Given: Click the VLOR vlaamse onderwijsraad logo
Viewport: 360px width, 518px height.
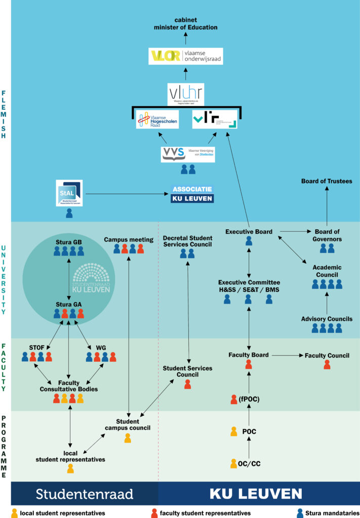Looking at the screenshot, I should coord(185,56).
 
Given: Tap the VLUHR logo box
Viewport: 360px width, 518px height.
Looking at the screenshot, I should coord(186,95).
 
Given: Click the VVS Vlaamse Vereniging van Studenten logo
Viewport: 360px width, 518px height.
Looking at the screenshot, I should coord(188,154).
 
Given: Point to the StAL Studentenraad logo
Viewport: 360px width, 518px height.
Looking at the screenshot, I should coord(69,193).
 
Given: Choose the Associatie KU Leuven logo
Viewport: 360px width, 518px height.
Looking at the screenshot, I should coord(192,194).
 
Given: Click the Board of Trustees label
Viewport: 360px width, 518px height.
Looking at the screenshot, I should coord(326,181).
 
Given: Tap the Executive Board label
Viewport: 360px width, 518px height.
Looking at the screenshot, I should coord(249,232).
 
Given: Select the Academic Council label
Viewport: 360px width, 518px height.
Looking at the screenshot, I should coord(327,271).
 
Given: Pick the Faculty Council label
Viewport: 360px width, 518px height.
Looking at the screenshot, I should coord(327,356).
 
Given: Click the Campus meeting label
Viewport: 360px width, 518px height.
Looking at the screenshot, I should coord(129,239).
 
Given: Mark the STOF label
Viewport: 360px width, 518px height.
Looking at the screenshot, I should coord(37,348).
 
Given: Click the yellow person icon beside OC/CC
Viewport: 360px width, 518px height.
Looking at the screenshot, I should coord(234,463).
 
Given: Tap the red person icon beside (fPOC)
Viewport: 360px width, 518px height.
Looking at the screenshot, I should coord(234,399).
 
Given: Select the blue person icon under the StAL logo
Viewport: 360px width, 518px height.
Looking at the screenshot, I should coord(69,213).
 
